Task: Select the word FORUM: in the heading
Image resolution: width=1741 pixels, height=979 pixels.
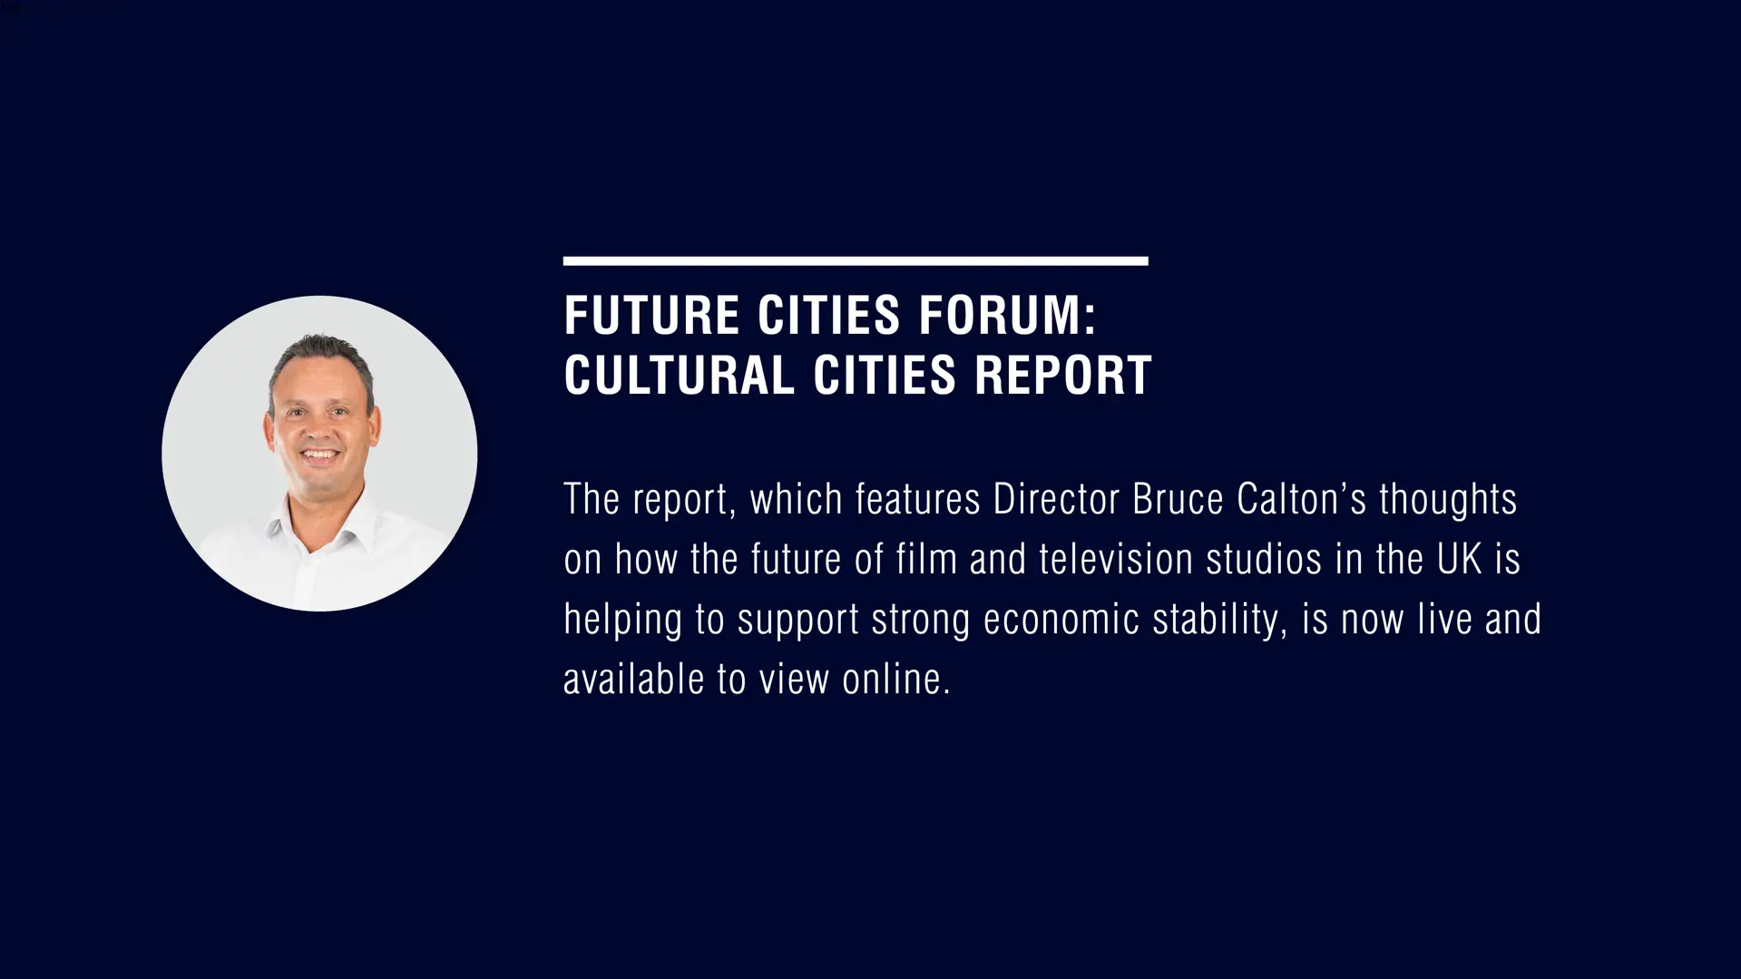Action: [1007, 316]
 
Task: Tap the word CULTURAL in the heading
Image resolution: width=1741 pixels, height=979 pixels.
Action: [679, 376]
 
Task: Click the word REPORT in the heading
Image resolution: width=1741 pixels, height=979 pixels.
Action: [1062, 376]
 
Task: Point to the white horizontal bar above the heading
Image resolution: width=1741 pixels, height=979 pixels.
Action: [856, 261]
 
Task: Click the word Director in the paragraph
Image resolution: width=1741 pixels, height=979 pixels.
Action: [1056, 499]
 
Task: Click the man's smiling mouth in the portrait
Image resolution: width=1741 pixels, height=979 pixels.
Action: [319, 455]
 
